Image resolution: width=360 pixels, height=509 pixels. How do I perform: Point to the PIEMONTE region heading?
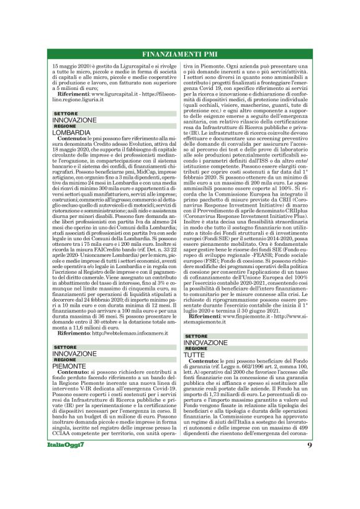point(69,366)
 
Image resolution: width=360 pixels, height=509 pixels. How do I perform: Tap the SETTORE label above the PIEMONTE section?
point(65,347)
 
